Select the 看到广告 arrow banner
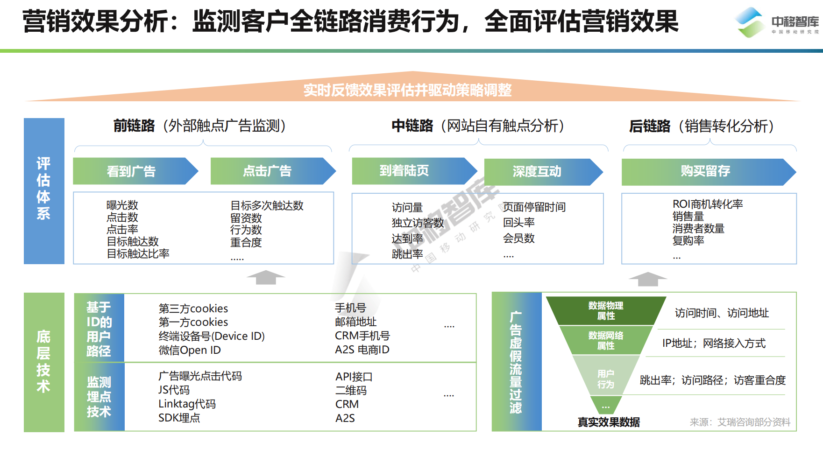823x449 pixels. pos(131,171)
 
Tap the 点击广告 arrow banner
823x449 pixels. pos(268,171)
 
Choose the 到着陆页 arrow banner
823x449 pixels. pos(404,171)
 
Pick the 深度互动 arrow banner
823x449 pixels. pos(537,172)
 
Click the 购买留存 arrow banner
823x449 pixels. pos(705,171)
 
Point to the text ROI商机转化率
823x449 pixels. pos(708,204)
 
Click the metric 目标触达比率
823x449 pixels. pos(138,254)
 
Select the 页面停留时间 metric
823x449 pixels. pos(534,207)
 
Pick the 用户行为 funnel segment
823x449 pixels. pos(606,379)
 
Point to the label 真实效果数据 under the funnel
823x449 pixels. pos(609,422)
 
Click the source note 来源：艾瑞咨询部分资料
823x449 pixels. pos(740,422)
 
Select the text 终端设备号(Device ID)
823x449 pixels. pos(212,336)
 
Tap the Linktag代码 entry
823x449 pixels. pos(187,404)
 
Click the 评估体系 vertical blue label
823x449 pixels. pos(44,189)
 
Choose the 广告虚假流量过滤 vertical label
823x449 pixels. pos(516,362)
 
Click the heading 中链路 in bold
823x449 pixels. pos(412,126)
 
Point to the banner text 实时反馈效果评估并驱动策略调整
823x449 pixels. pos(407,90)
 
